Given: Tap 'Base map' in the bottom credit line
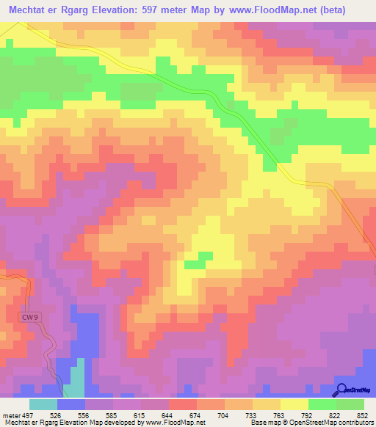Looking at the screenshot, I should point(261,422).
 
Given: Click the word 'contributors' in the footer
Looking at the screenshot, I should point(355,422).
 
